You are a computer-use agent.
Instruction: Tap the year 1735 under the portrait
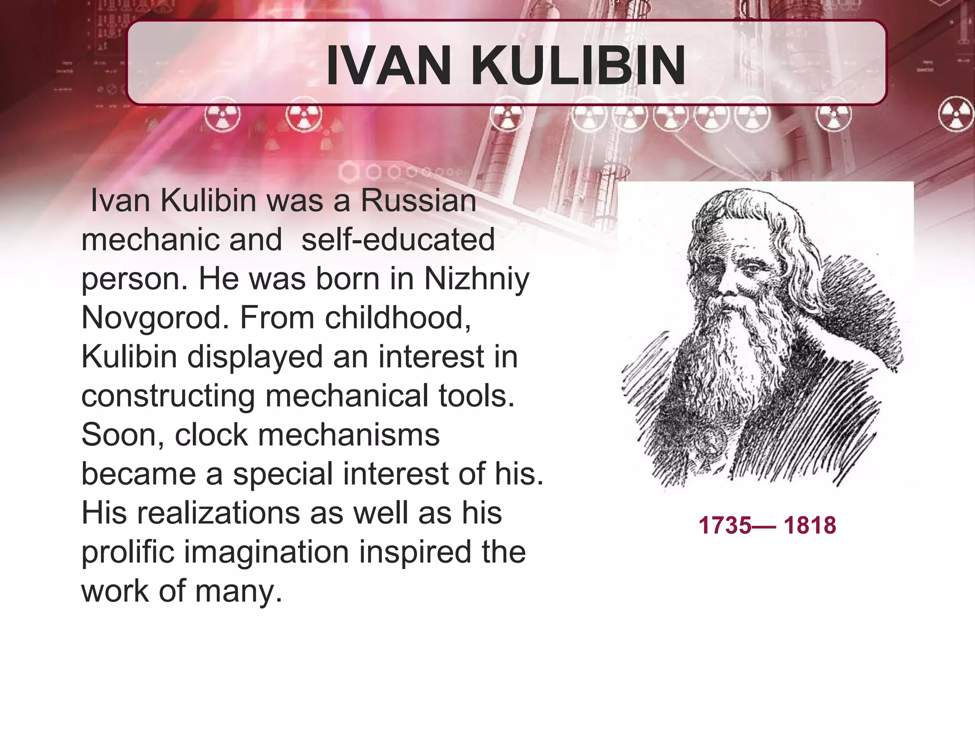pyautogui.click(x=724, y=525)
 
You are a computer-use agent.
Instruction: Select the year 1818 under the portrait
pyautogui.click(x=809, y=525)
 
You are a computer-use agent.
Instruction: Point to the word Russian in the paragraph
pyautogui.click(x=418, y=200)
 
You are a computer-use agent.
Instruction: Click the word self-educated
pyautogui.click(x=398, y=239)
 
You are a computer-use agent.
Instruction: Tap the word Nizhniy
pyautogui.click(x=476, y=279)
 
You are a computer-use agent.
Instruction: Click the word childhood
pyautogui.click(x=395, y=317)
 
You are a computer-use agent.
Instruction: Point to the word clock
pyautogui.click(x=211, y=435)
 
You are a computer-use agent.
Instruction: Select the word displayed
pyautogui.click(x=255, y=357)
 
